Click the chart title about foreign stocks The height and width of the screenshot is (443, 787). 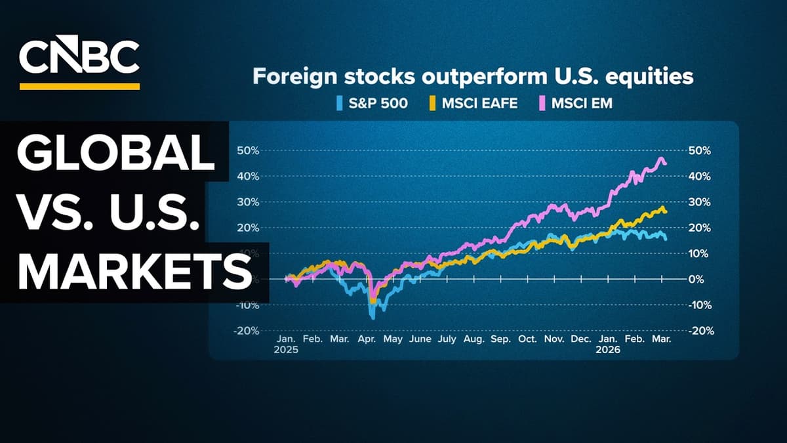[473, 77]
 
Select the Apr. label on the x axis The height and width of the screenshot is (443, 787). [365, 339]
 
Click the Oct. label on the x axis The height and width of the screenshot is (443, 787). [527, 339]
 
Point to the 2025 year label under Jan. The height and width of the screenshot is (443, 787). [287, 350]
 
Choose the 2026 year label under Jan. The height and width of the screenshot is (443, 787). [608, 350]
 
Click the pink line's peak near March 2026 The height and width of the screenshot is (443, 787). [661, 158]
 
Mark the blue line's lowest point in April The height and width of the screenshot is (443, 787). [373, 318]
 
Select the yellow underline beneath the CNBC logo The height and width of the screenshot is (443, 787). [79, 86]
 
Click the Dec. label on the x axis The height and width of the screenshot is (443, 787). [580, 339]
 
